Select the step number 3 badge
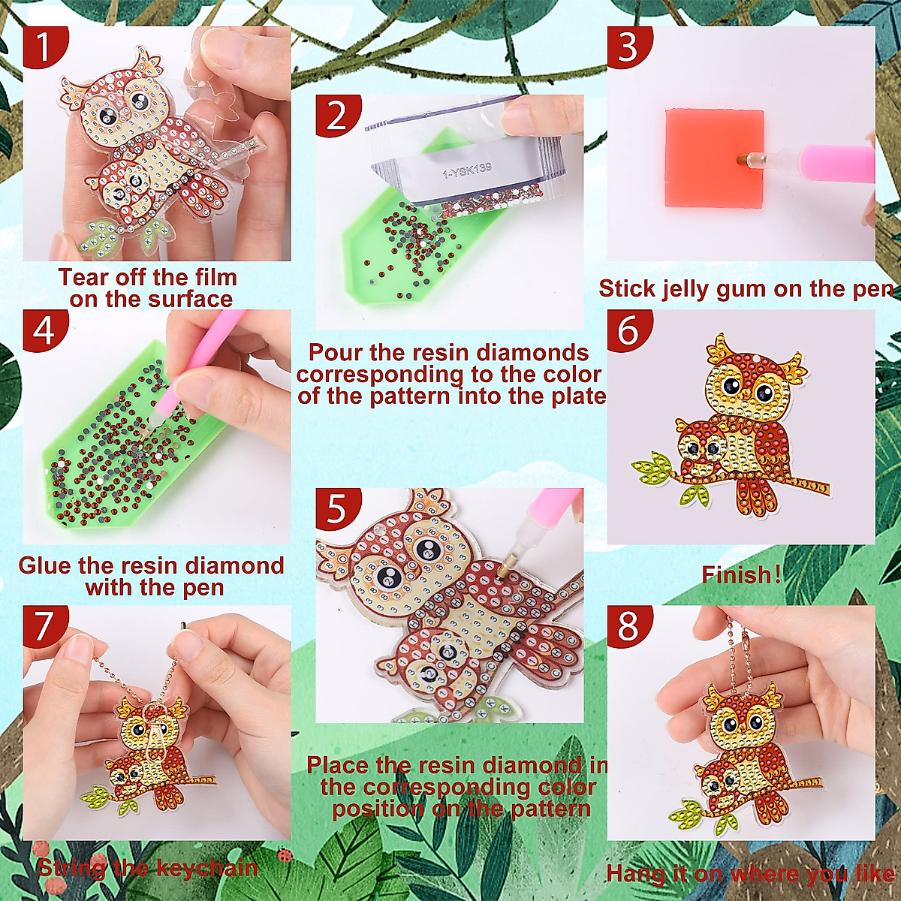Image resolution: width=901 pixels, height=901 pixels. tap(628, 47)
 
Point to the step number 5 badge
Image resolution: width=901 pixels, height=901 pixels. tap(337, 508)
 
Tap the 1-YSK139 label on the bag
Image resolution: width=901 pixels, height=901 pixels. tap(468, 171)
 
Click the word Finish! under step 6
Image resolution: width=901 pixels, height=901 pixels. tap(741, 575)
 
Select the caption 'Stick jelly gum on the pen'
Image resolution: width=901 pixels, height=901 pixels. tap(746, 289)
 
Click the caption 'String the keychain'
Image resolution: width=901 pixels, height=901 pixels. tap(148, 869)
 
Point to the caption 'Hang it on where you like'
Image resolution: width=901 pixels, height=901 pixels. tap(749, 874)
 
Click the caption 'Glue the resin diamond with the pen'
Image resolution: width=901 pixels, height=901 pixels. tap(152, 576)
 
